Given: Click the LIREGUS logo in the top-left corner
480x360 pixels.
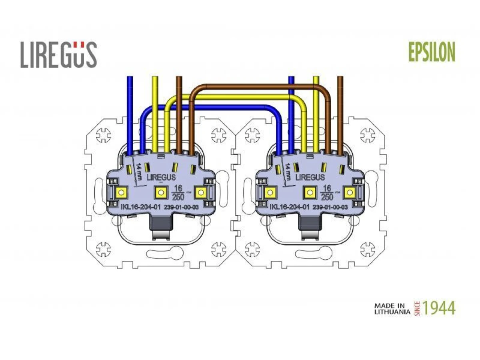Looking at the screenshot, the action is coord(59,55).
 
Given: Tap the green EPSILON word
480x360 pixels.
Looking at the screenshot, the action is coord(432,52).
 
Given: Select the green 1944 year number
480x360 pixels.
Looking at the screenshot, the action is coord(439,308).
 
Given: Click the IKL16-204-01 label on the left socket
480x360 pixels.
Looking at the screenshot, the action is coord(141,206).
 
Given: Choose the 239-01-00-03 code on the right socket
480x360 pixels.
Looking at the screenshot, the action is coord(330,207).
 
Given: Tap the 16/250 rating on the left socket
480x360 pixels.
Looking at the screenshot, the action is coord(178,192).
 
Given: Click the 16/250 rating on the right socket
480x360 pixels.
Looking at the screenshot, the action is coord(326,192).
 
